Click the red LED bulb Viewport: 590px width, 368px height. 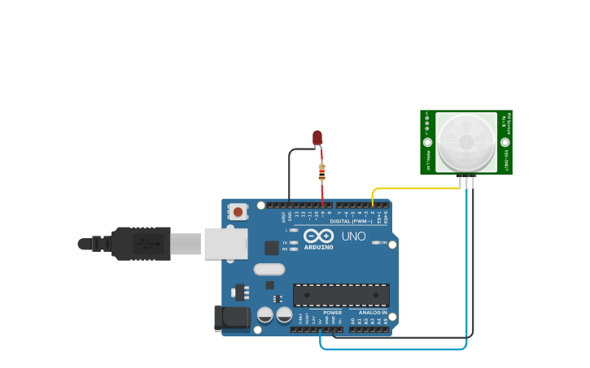pos(317,137)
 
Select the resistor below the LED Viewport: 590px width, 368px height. pos(322,172)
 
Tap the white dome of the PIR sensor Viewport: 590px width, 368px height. pos(466,142)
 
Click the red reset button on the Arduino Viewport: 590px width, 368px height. pos(238,211)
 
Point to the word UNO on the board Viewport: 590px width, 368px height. pos(353,236)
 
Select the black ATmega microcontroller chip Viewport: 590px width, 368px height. pos(341,296)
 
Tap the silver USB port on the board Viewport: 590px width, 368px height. pos(225,244)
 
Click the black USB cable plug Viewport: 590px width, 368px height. pos(142,243)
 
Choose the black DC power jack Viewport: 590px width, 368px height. pos(231,318)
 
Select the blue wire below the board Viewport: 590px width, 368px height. pos(391,349)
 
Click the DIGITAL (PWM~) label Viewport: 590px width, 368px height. pos(351,221)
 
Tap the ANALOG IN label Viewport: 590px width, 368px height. pos(373,312)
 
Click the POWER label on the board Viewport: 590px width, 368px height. pos(332,312)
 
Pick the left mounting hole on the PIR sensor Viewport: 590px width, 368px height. pos(428,142)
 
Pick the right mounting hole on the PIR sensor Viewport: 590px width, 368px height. pos(505,142)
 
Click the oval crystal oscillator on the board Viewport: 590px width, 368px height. pos(269,269)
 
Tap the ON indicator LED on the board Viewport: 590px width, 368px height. pos(377,242)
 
